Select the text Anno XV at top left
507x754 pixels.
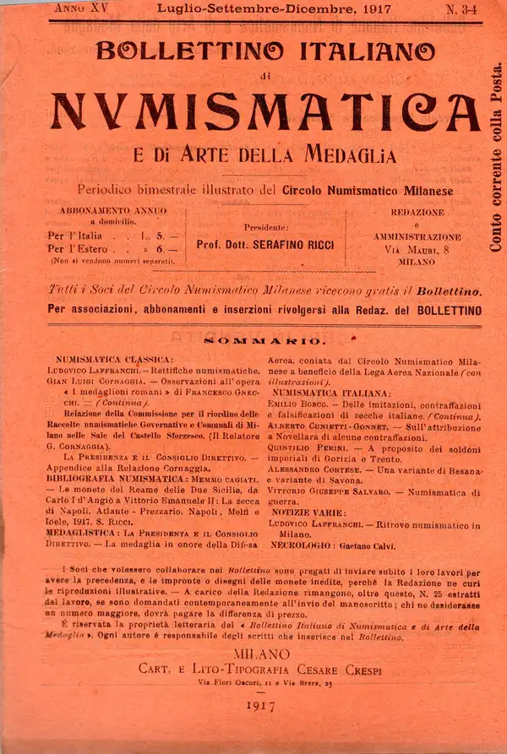click(84, 8)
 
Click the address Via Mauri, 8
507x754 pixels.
click(417, 250)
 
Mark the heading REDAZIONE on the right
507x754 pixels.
click(417, 211)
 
